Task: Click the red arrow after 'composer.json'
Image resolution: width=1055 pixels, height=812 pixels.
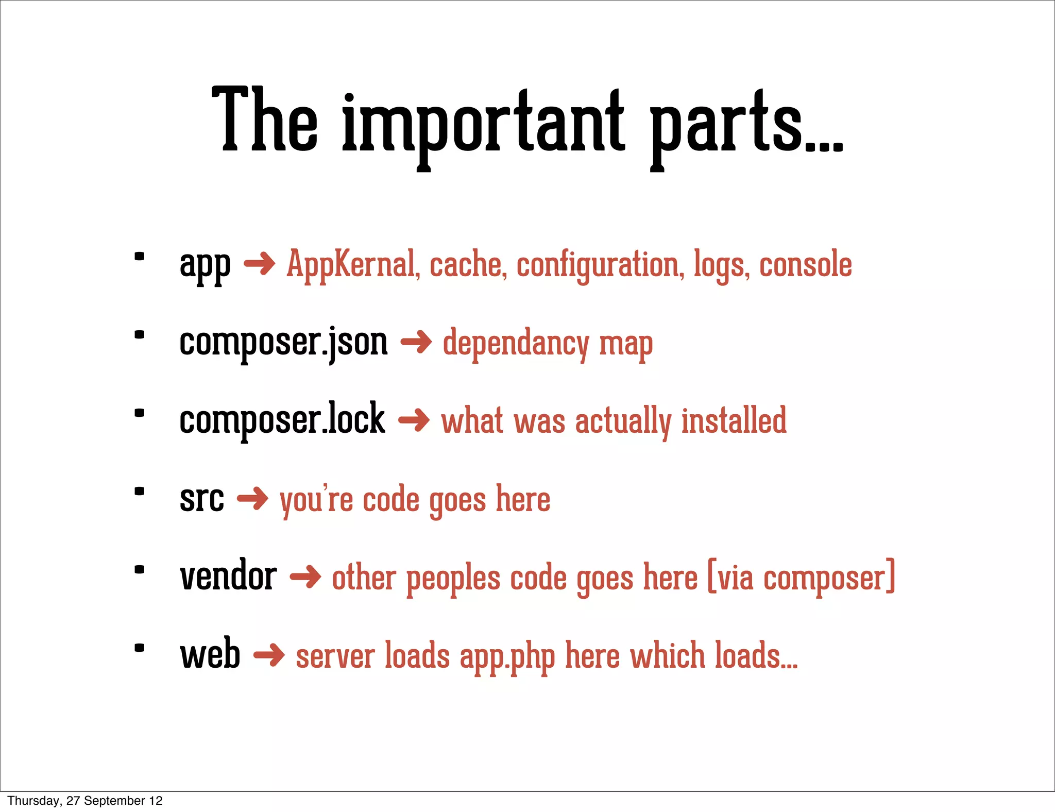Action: click(416, 342)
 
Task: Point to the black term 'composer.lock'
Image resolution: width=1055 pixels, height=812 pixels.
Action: click(282, 419)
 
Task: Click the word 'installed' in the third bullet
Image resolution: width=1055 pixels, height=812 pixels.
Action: click(734, 420)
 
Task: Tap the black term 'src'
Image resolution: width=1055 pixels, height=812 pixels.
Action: click(202, 499)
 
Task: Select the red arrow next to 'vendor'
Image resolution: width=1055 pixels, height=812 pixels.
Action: click(305, 577)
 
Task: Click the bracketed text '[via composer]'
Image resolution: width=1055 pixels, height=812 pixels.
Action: click(802, 577)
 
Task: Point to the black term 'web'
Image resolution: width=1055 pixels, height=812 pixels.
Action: click(210, 654)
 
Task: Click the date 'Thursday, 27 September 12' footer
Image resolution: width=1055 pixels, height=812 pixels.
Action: click(85, 801)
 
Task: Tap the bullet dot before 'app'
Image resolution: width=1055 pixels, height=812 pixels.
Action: click(139, 256)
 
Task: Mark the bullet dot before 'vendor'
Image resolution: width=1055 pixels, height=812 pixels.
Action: click(139, 569)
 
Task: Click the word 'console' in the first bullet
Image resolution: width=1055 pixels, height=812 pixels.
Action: click(806, 264)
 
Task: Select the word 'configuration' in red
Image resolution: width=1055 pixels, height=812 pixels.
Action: click(601, 264)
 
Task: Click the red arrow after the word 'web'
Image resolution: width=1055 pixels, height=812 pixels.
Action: click(269, 655)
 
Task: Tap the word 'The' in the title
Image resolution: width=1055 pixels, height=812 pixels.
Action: click(265, 121)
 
